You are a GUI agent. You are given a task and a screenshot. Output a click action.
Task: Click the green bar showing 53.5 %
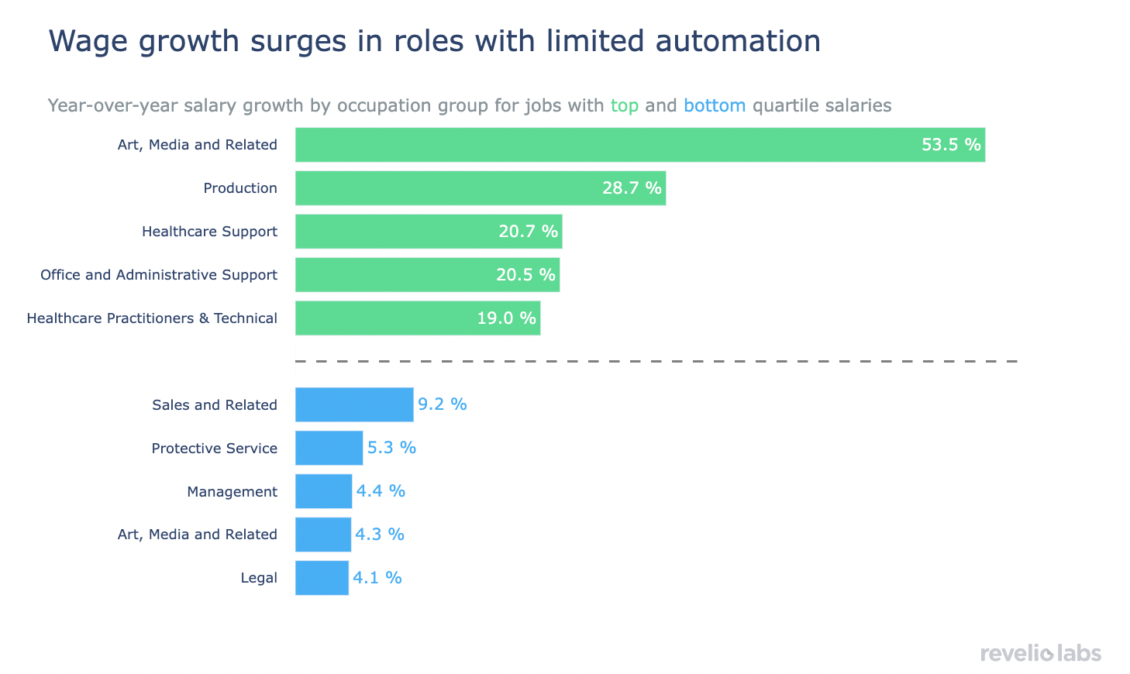pyautogui.click(x=639, y=145)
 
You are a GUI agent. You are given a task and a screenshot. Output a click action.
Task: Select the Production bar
pyautogui.click(x=481, y=188)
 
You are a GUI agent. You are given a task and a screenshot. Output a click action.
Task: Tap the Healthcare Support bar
pyautogui.click(x=429, y=232)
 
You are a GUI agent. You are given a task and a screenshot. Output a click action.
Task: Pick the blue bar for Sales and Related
pyautogui.click(x=354, y=404)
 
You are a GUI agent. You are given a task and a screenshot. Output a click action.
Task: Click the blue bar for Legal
pyautogui.click(x=322, y=578)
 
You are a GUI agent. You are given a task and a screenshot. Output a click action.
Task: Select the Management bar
pyautogui.click(x=323, y=491)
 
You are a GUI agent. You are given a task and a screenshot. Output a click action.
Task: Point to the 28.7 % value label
pyautogui.click(x=632, y=188)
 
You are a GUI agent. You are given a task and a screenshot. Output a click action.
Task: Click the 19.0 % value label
pyautogui.click(x=506, y=318)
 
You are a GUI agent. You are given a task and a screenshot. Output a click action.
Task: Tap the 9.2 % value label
pyautogui.click(x=443, y=404)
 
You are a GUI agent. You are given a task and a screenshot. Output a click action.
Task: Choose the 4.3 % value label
pyautogui.click(x=380, y=535)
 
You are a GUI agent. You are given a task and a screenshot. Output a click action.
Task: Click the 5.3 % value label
pyautogui.click(x=391, y=448)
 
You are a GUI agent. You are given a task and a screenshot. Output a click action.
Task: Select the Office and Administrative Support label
pyautogui.click(x=159, y=275)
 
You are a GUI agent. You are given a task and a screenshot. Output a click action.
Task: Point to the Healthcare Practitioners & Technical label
pyautogui.click(x=152, y=318)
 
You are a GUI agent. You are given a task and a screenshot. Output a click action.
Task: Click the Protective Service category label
pyautogui.click(x=214, y=449)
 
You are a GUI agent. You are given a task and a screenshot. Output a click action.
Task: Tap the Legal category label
pyautogui.click(x=259, y=578)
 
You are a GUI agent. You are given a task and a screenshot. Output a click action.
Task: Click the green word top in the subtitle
pyautogui.click(x=624, y=106)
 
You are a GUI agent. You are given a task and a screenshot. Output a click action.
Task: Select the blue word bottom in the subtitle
pyautogui.click(x=715, y=105)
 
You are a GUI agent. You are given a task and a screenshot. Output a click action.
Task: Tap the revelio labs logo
pyautogui.click(x=1040, y=653)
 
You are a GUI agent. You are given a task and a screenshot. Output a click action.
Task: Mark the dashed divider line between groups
pyautogui.click(x=656, y=361)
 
